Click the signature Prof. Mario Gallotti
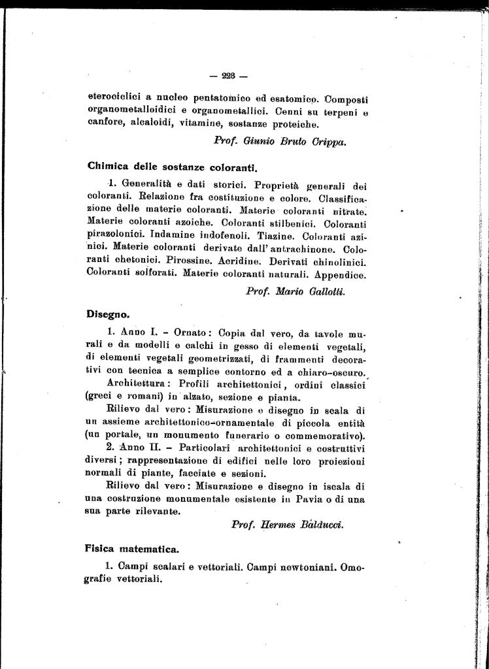coord(295,291)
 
